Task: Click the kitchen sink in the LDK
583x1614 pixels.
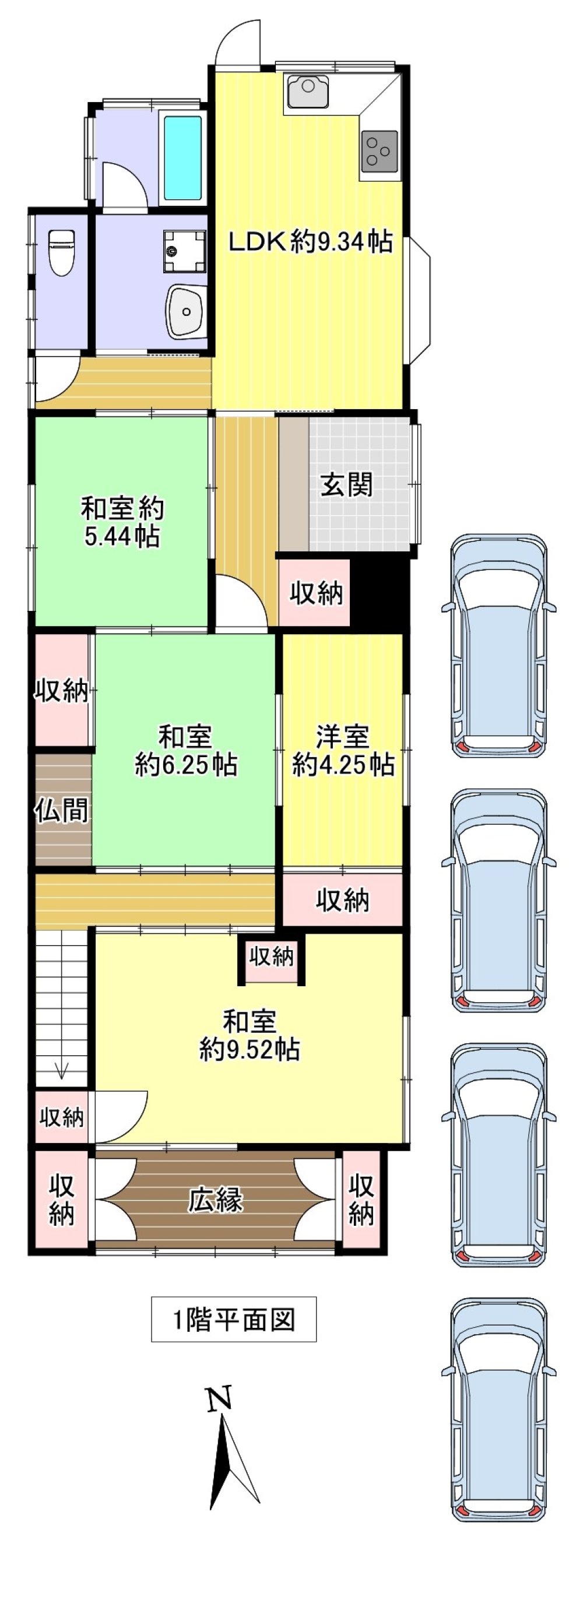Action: click(307, 91)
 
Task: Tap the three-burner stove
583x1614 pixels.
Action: click(378, 150)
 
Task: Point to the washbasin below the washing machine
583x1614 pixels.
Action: click(186, 310)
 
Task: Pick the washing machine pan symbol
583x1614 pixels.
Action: click(185, 252)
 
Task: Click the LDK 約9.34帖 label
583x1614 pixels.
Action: click(310, 241)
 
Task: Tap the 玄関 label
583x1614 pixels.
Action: click(346, 484)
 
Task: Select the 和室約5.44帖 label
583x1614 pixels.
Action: click(122, 522)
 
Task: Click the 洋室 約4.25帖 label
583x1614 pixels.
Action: click(343, 751)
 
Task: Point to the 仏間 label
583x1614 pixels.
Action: click(61, 811)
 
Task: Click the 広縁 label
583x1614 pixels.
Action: click(215, 1201)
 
